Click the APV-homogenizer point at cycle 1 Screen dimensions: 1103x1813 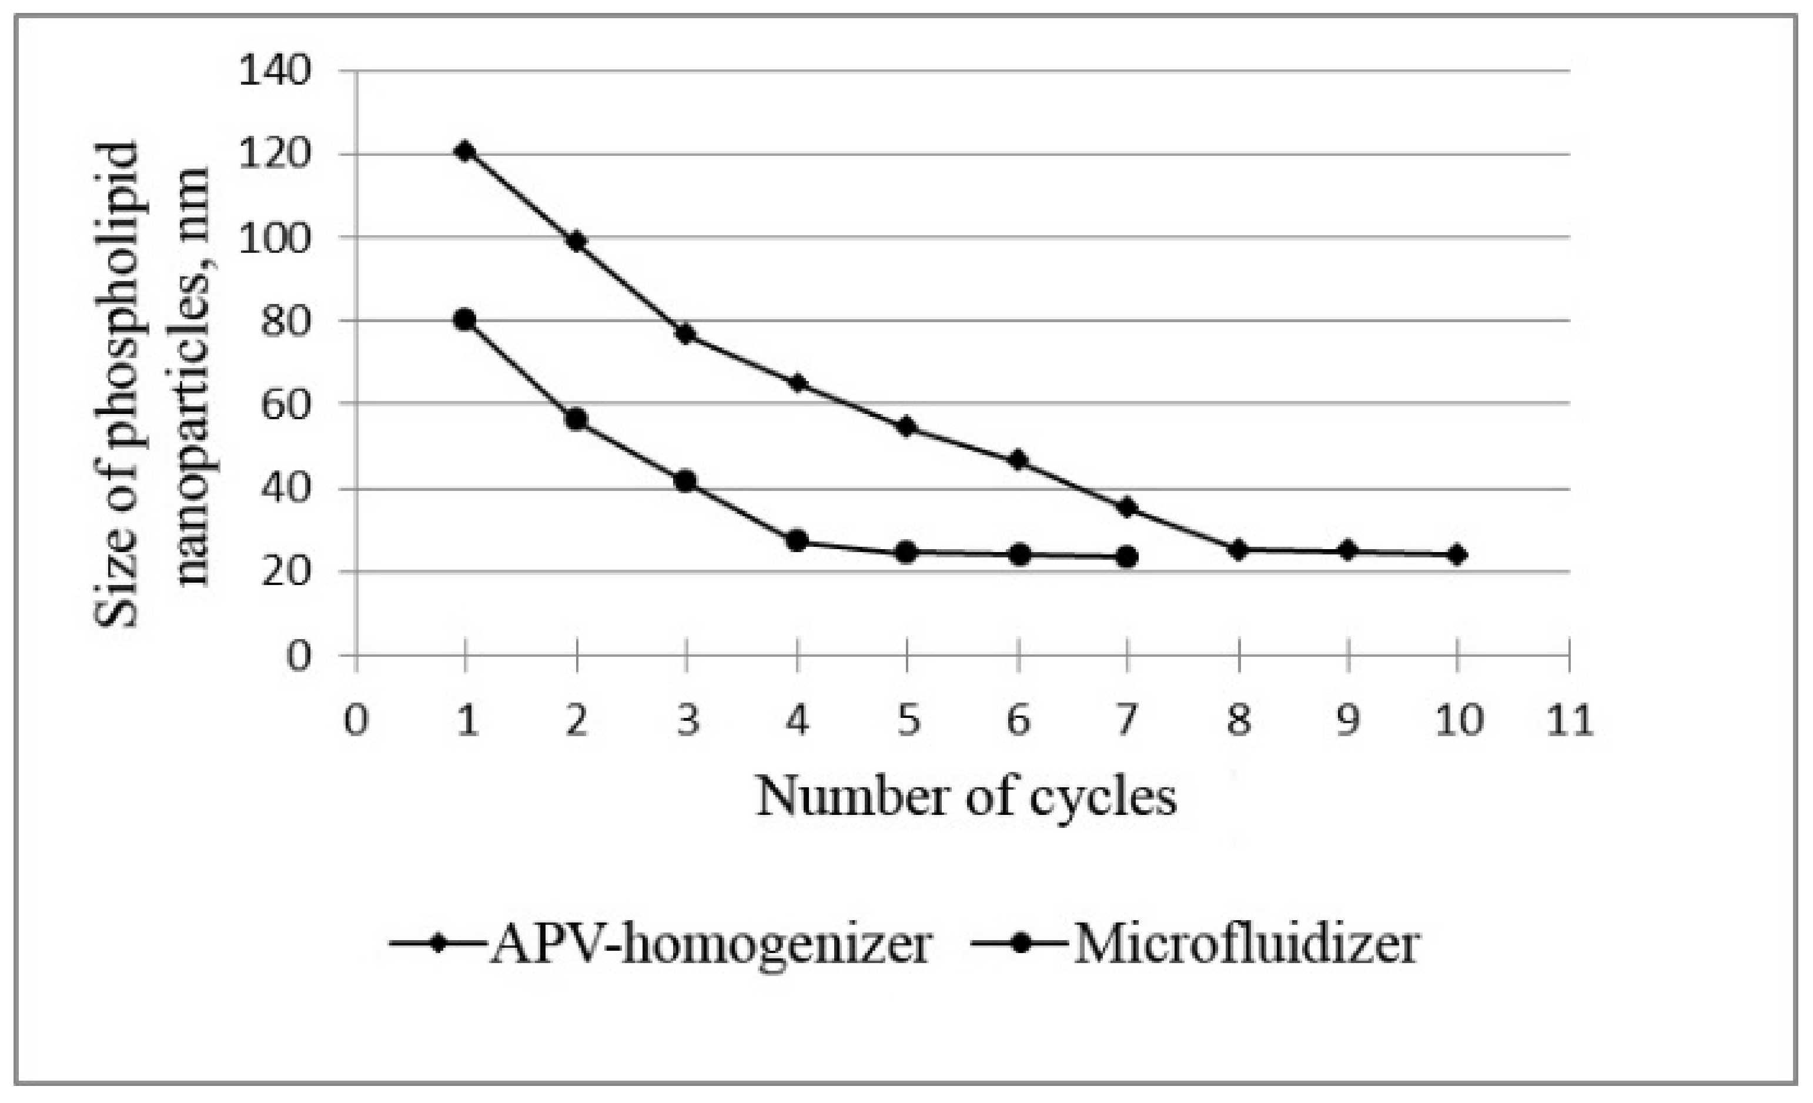pos(465,152)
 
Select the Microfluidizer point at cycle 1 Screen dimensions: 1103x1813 pos(465,320)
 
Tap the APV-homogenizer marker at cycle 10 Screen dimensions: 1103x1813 pos(1457,555)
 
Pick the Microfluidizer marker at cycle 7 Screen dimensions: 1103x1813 pos(1126,557)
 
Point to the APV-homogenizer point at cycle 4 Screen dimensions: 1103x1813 pos(797,383)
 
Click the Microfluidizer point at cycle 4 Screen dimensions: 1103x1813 pos(797,542)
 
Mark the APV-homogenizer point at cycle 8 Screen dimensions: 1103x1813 pos(1238,549)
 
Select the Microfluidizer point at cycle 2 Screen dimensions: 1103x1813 pos(576,419)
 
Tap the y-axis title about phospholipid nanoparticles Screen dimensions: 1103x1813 pos(151,383)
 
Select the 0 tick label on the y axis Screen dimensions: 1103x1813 pos(297,655)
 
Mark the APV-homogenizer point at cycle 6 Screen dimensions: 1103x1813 pos(1018,460)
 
